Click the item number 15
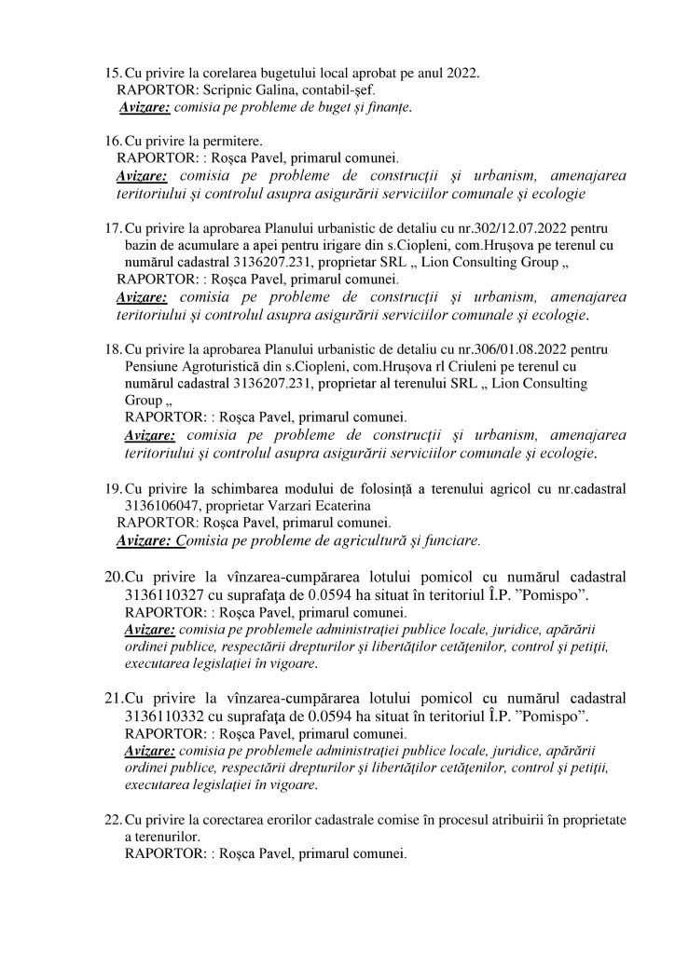112,74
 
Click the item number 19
112,489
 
